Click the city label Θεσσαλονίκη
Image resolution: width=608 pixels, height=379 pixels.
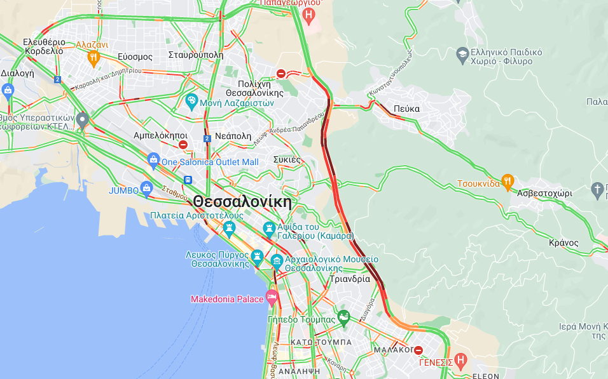click(x=242, y=202)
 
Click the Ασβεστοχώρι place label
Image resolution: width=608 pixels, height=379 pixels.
click(x=544, y=193)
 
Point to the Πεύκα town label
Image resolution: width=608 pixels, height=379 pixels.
click(x=406, y=109)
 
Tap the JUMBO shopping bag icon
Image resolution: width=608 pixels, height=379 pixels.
click(x=147, y=189)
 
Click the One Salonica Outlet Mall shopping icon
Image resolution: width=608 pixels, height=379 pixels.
click(x=153, y=161)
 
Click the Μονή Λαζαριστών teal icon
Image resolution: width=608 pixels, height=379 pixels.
click(x=191, y=101)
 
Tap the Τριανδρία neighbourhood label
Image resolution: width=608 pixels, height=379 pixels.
click(x=350, y=279)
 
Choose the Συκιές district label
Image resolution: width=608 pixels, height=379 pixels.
click(x=287, y=159)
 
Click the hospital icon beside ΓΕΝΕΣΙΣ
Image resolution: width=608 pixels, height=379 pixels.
click(x=461, y=362)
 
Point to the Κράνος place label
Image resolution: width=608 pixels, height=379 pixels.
click(x=563, y=243)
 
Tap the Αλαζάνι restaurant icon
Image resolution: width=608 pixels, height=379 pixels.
click(x=93, y=58)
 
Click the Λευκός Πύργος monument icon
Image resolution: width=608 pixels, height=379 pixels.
click(x=257, y=257)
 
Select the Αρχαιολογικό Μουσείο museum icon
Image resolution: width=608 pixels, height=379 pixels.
click(x=277, y=260)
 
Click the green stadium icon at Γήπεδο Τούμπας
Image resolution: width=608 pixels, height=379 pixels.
click(x=343, y=317)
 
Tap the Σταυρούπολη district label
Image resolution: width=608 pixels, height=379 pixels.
click(x=196, y=55)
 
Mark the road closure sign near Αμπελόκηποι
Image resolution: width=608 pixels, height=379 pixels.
click(x=183, y=145)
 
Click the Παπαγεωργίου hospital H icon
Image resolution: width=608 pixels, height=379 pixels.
click(x=309, y=15)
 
